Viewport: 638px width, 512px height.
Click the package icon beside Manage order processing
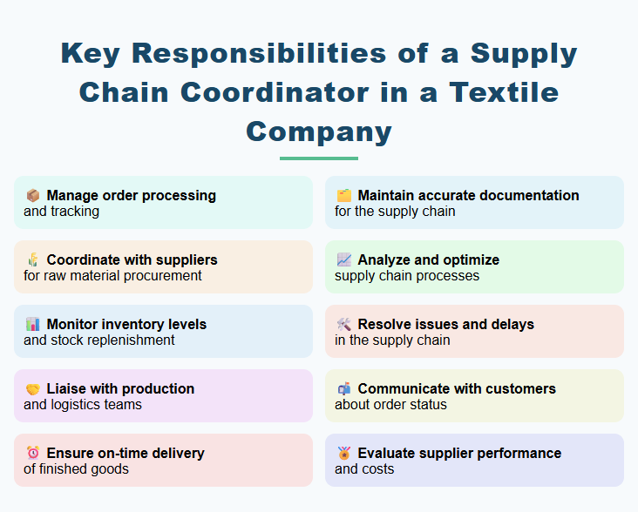32,196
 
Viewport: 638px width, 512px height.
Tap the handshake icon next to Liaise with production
32,389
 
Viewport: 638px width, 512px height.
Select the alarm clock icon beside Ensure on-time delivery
32,454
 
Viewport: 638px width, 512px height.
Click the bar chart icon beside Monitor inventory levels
32,325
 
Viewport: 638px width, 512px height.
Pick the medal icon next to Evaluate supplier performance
343,454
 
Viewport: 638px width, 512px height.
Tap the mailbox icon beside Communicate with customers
343,389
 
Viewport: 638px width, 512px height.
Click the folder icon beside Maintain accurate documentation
343,196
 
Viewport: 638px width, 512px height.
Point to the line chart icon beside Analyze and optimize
343,260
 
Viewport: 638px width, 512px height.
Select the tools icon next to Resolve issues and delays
343,325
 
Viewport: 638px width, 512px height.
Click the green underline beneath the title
319,158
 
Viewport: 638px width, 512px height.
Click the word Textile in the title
493,92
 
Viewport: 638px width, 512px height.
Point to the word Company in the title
319,131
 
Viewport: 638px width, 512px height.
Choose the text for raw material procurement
112,276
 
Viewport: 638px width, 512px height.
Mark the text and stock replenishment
99,340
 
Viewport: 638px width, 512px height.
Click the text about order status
390,405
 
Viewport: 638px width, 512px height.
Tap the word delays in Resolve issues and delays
511,325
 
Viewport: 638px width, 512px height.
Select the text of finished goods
76,469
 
